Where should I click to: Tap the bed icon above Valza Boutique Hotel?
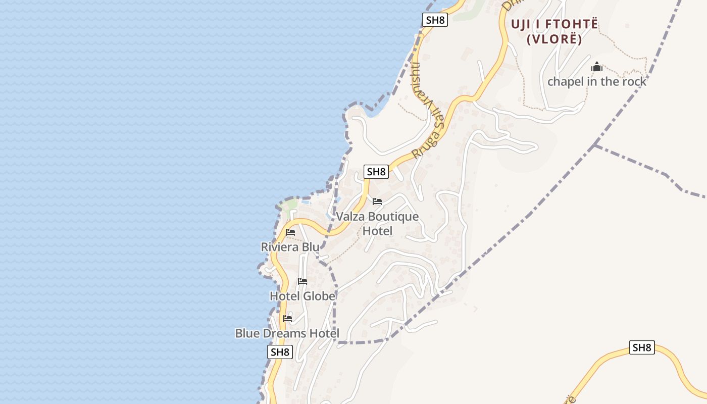coord(377,201)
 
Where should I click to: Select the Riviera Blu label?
coord(290,247)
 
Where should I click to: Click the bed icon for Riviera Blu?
coord(290,232)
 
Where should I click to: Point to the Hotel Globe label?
coord(302,296)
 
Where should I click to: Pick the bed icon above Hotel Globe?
coord(302,281)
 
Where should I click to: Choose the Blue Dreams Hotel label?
coord(287,333)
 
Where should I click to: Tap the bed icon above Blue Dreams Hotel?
coord(287,319)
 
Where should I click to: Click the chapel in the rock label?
coord(597,81)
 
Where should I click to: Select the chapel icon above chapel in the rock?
coord(597,67)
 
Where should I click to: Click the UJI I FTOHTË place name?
coord(554,24)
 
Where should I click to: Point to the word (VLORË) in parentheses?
coord(554,39)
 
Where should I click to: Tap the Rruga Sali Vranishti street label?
coord(429,111)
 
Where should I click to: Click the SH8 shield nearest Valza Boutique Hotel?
coord(376,172)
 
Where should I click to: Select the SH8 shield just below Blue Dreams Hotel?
coord(280,352)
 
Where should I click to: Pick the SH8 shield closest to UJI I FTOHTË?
coord(435,20)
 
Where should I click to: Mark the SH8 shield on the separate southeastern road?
coord(642,347)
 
